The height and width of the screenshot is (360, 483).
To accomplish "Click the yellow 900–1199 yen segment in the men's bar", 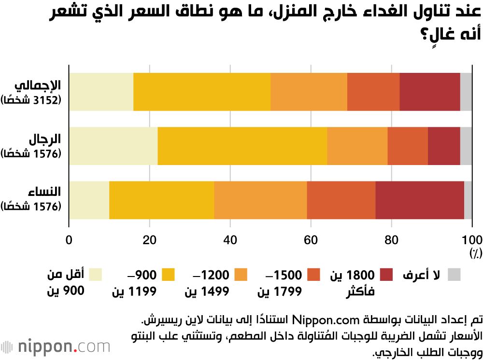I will [x=242, y=146].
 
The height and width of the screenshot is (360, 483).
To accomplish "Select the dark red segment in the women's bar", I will [x=419, y=200].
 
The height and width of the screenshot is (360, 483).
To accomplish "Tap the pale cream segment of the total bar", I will [x=101, y=92].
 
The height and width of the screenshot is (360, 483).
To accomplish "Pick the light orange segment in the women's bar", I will [x=260, y=200].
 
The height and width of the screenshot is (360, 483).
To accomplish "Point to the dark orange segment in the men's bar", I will [x=407, y=146].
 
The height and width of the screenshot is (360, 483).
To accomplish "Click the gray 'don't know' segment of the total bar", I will [x=466, y=92].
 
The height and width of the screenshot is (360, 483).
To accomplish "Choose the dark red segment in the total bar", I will [x=429, y=92].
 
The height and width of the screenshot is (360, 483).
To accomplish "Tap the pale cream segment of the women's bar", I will [x=89, y=200].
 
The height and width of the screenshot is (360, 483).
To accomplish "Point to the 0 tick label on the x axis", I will [x=69, y=240].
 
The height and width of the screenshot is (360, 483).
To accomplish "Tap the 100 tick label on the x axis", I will [x=471, y=240].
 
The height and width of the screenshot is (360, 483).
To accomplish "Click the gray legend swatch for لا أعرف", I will [x=454, y=275].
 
